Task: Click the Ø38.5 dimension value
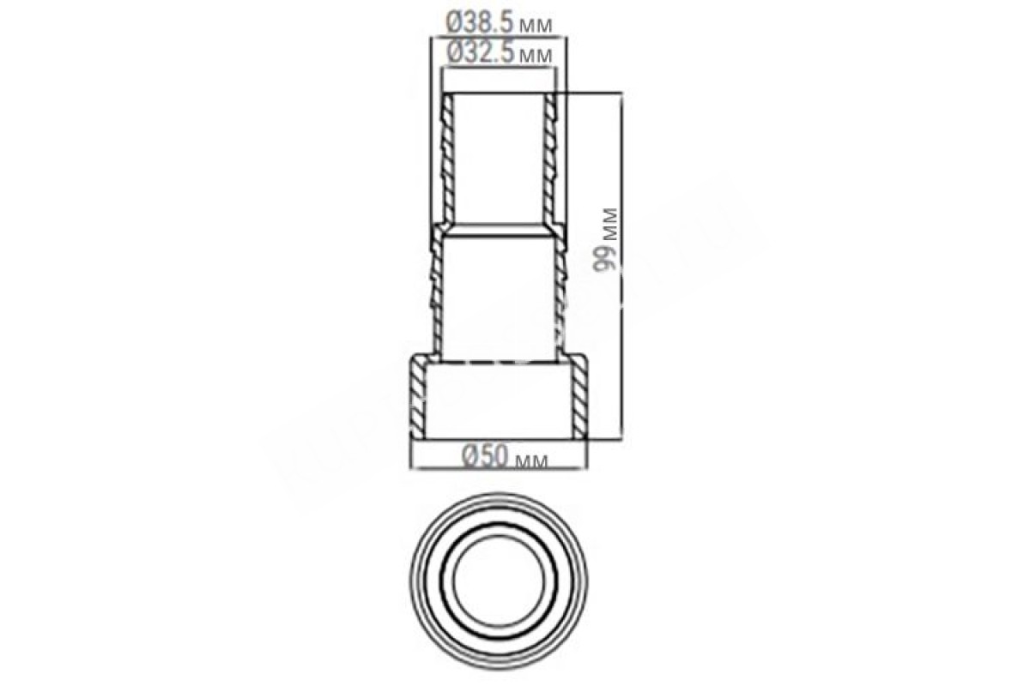(x=479, y=23)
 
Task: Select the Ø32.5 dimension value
(x=480, y=53)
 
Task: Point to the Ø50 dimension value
(x=486, y=457)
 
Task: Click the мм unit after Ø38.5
(x=536, y=27)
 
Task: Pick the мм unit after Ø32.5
(x=536, y=56)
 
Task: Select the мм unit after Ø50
(x=531, y=460)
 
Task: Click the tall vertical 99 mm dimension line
(x=621, y=267)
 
